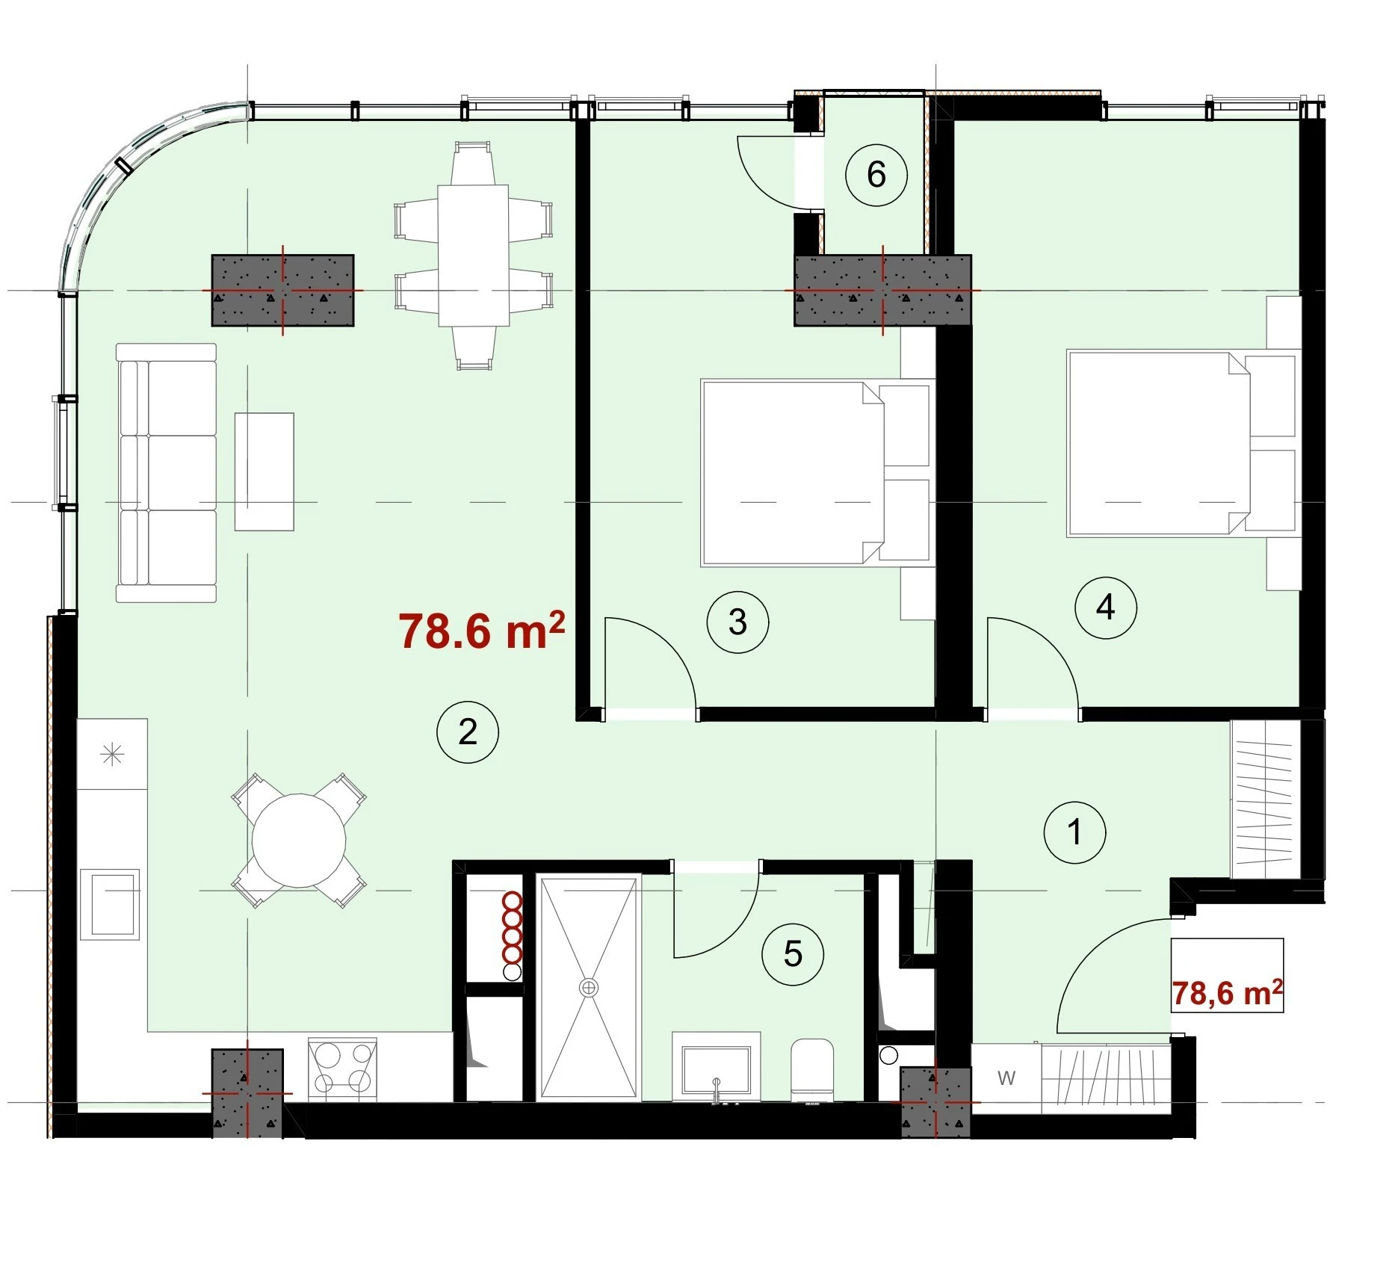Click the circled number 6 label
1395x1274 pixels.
click(876, 175)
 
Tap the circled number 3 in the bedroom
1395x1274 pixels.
click(737, 622)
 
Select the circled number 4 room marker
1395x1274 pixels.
click(1105, 607)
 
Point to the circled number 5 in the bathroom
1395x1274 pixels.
click(793, 954)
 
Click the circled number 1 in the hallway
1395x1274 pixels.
click(1074, 832)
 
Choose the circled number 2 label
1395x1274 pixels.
click(468, 732)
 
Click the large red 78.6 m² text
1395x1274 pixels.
click(481, 631)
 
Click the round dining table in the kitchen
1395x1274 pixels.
click(299, 841)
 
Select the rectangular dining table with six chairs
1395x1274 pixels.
click(473, 256)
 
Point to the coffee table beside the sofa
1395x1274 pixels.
click(265, 471)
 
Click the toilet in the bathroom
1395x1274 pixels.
click(812, 1069)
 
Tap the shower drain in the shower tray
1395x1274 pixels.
click(589, 988)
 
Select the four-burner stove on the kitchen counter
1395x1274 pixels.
click(343, 1069)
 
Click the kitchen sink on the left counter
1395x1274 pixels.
click(110, 904)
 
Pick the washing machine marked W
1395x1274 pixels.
click(1006, 1077)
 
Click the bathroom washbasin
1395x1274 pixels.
click(716, 1067)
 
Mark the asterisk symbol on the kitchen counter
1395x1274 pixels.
click(112, 754)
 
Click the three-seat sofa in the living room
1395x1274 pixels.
click(166, 473)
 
